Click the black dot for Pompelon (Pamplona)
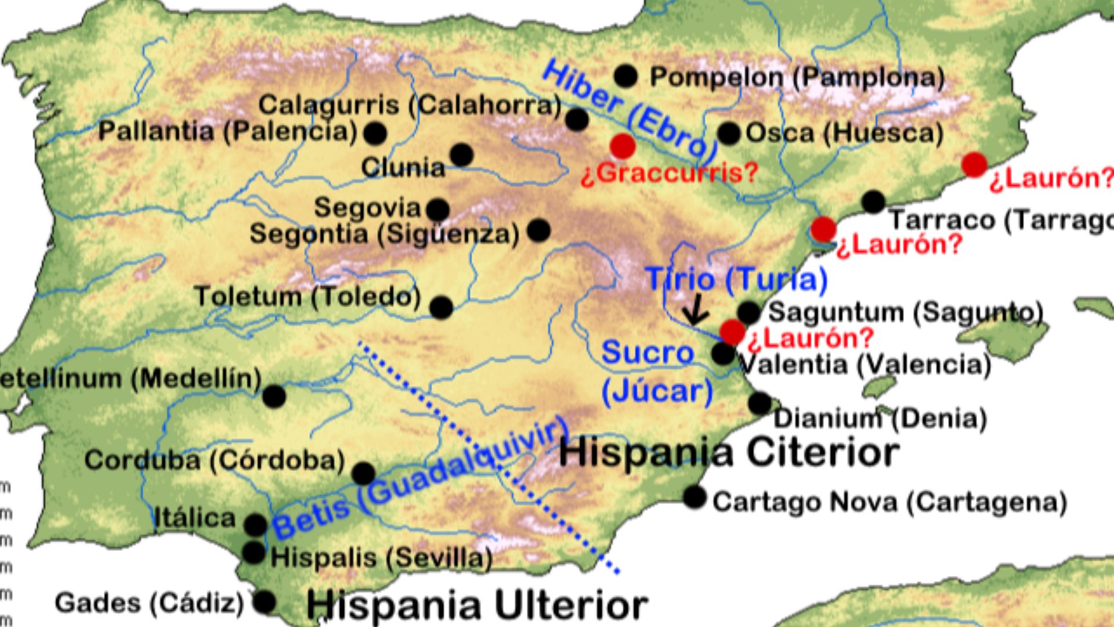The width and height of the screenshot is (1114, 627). pos(625,76)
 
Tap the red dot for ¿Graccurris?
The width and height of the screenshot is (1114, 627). pos(623,146)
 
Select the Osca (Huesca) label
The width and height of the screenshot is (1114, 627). pos(844,134)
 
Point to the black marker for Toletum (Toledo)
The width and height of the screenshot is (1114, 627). pos(441,307)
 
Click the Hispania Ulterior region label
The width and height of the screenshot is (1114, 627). pos(476,606)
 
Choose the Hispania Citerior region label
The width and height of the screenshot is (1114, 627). pos(729,453)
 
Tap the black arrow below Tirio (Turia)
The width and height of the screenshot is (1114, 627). pos(695,311)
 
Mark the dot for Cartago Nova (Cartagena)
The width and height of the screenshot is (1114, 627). pos(695,497)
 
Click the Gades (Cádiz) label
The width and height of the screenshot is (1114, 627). pos(150,603)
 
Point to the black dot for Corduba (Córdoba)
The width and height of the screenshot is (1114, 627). pos(363,474)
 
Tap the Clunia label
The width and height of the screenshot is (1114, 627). pos(403,168)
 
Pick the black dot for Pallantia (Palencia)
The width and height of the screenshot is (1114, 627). pos(375,134)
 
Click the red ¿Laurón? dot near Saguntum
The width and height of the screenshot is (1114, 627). pos(732,332)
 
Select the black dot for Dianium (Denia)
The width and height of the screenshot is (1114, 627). pos(759,403)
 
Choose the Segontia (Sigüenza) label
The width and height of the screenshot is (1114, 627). pos(384,235)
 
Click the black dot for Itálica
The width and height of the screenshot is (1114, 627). pos(255,524)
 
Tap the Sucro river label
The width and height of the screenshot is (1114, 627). pos(648,353)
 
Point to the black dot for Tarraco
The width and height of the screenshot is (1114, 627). pos(873,202)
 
